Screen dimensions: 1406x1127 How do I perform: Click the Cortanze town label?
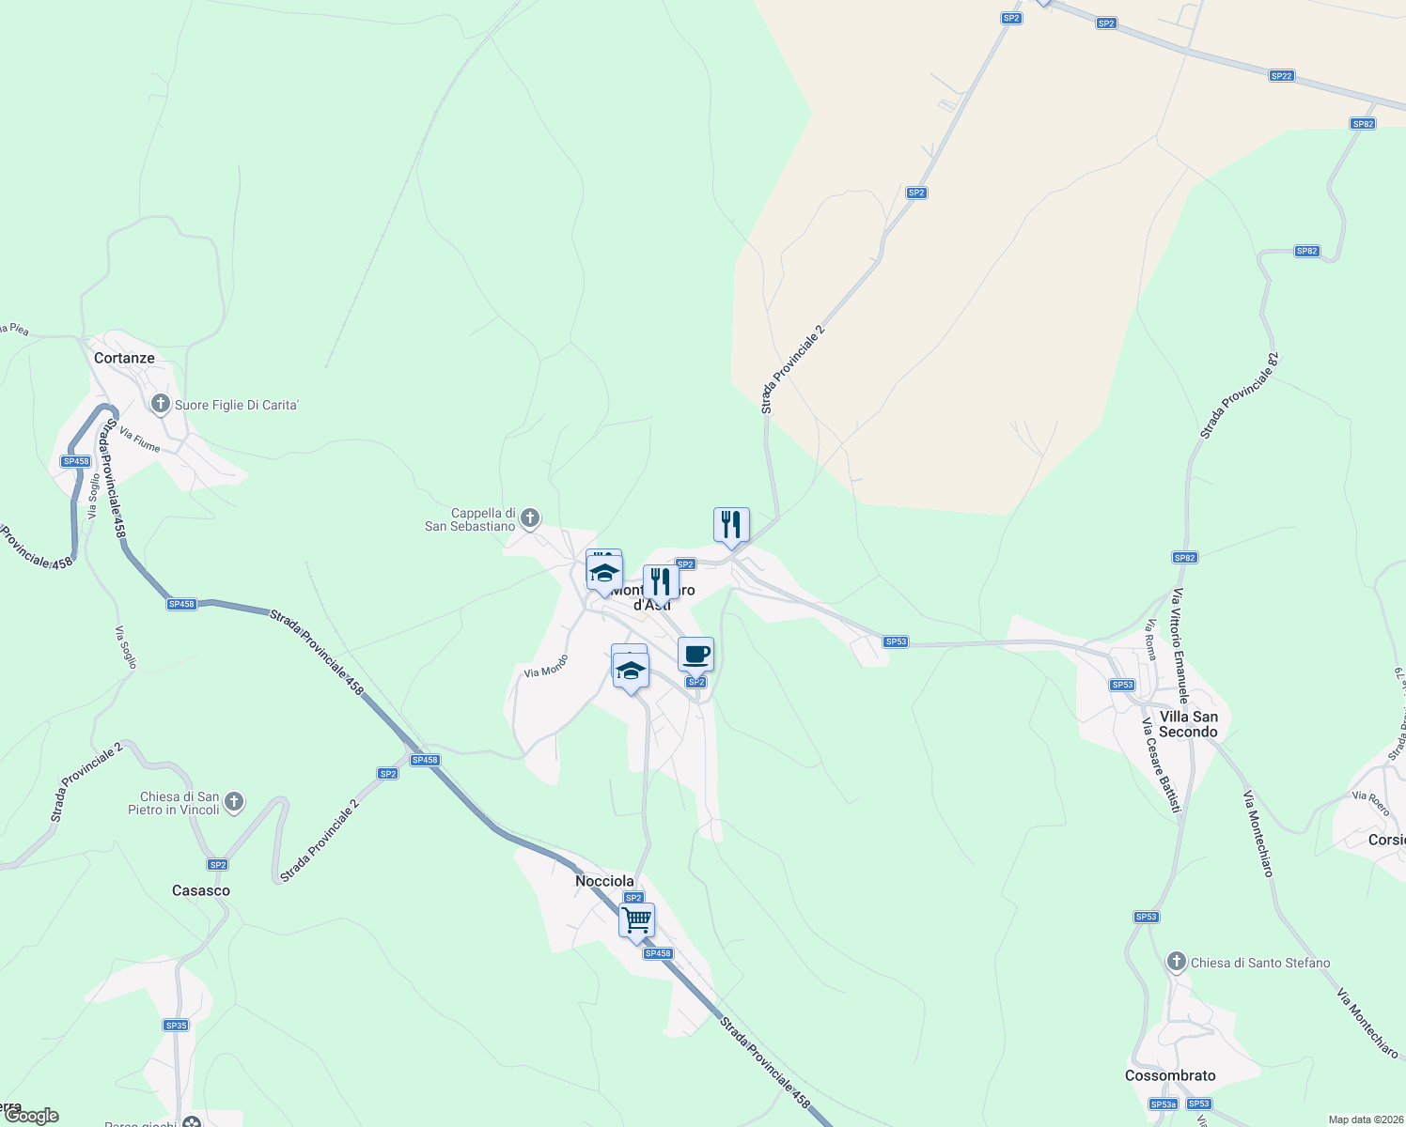click(124, 358)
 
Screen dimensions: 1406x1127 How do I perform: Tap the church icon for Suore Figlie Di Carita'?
click(161, 405)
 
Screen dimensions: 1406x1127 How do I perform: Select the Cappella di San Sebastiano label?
click(471, 520)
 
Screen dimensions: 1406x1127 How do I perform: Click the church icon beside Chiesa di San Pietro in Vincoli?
click(234, 802)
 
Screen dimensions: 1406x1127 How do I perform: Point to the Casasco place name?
click(201, 890)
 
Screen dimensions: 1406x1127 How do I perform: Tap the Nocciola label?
click(604, 881)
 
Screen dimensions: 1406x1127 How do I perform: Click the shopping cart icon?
click(636, 919)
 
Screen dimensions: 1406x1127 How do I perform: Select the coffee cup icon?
click(695, 654)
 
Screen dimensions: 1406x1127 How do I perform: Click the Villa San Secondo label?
click(1188, 724)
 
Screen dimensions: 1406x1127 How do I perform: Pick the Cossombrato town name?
click(1170, 1075)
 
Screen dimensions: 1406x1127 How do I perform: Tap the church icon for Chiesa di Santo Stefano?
click(1176, 962)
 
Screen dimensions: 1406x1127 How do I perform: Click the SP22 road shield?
click(1281, 76)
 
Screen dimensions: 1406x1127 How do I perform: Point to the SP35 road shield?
click(176, 1026)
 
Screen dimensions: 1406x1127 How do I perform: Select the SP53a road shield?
click(1164, 1104)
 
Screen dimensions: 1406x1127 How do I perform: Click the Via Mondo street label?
click(546, 666)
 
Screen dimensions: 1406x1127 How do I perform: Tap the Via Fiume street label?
click(140, 440)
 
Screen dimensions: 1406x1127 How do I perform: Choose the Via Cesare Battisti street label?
click(1161, 765)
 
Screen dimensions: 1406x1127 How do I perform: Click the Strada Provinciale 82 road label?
click(1240, 395)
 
